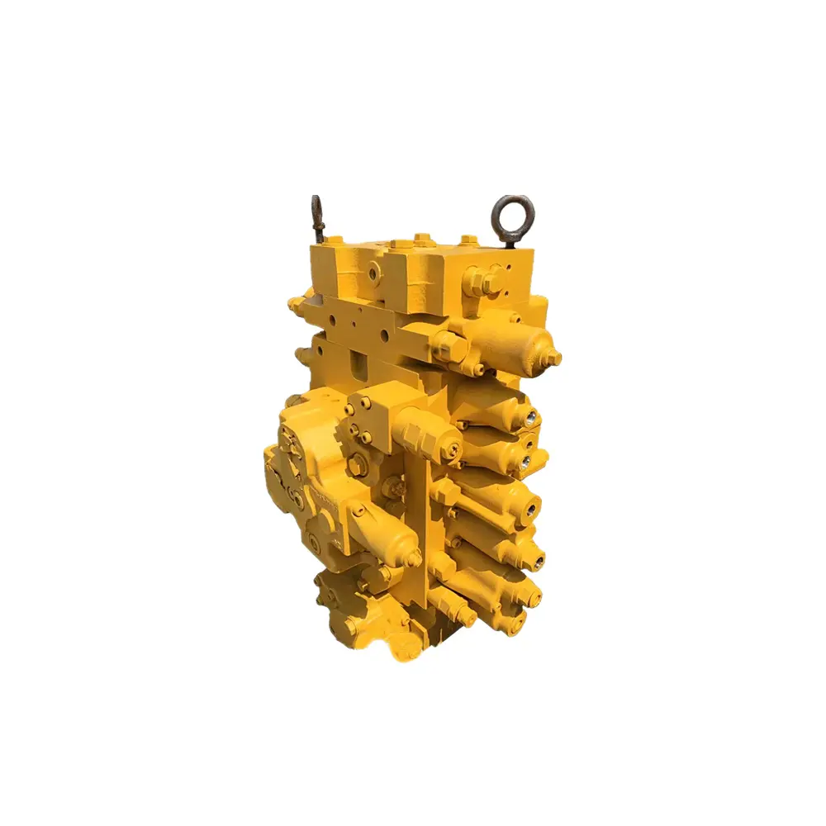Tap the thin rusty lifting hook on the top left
(x=317, y=218)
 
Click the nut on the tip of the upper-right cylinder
(x=554, y=357)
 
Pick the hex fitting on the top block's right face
(x=484, y=278)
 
